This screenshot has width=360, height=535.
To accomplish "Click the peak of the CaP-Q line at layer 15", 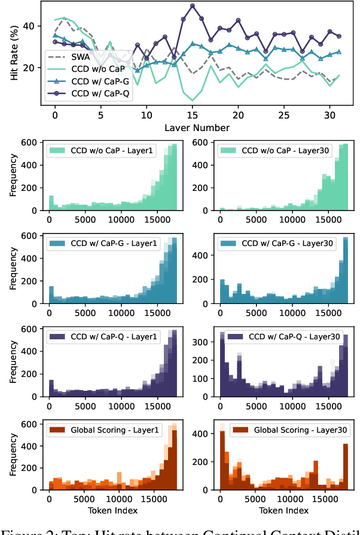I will (x=193, y=6).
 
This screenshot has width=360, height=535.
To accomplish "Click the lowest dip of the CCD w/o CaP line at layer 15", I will (x=193, y=100).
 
